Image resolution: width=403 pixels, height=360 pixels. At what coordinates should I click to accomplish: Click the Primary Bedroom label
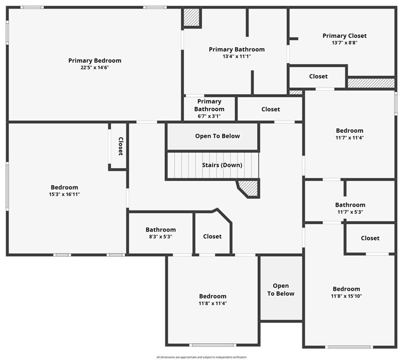click(x=95, y=60)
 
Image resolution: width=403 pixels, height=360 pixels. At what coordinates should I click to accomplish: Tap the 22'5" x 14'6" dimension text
click(x=95, y=67)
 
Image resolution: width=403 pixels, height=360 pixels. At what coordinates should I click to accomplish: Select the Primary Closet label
click(x=344, y=36)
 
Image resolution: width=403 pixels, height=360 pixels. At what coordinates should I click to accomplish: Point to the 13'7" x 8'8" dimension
click(x=344, y=43)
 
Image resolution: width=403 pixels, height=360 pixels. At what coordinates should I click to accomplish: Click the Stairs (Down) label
click(x=222, y=165)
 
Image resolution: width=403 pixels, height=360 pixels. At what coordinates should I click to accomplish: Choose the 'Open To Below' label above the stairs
click(x=217, y=136)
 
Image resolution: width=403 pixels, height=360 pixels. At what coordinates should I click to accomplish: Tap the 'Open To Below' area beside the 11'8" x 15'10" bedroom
click(x=281, y=290)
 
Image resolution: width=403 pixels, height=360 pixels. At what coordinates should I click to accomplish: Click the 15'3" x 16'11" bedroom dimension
click(x=64, y=195)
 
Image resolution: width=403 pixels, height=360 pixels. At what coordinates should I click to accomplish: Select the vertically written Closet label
click(x=121, y=146)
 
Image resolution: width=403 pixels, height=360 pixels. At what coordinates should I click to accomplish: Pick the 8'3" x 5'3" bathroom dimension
click(x=160, y=237)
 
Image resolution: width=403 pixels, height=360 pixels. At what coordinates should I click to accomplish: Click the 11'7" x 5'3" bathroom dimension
click(x=350, y=212)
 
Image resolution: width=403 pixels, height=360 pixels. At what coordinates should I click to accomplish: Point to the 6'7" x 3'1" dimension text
click(x=209, y=116)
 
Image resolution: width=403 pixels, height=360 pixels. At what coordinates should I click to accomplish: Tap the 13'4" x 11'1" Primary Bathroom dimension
click(x=236, y=56)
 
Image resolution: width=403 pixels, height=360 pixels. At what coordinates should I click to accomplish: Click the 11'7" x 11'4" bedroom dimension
click(x=350, y=138)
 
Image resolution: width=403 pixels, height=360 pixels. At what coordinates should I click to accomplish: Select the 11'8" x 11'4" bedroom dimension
click(x=213, y=303)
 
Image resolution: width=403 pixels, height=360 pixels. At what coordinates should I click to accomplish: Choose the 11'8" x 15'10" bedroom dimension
click(x=347, y=296)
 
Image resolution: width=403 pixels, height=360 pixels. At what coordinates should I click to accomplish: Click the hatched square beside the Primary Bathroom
click(x=191, y=18)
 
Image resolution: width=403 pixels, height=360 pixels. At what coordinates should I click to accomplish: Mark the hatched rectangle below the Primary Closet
click(x=371, y=83)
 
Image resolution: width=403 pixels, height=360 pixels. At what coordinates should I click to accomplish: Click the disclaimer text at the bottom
click(x=201, y=357)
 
